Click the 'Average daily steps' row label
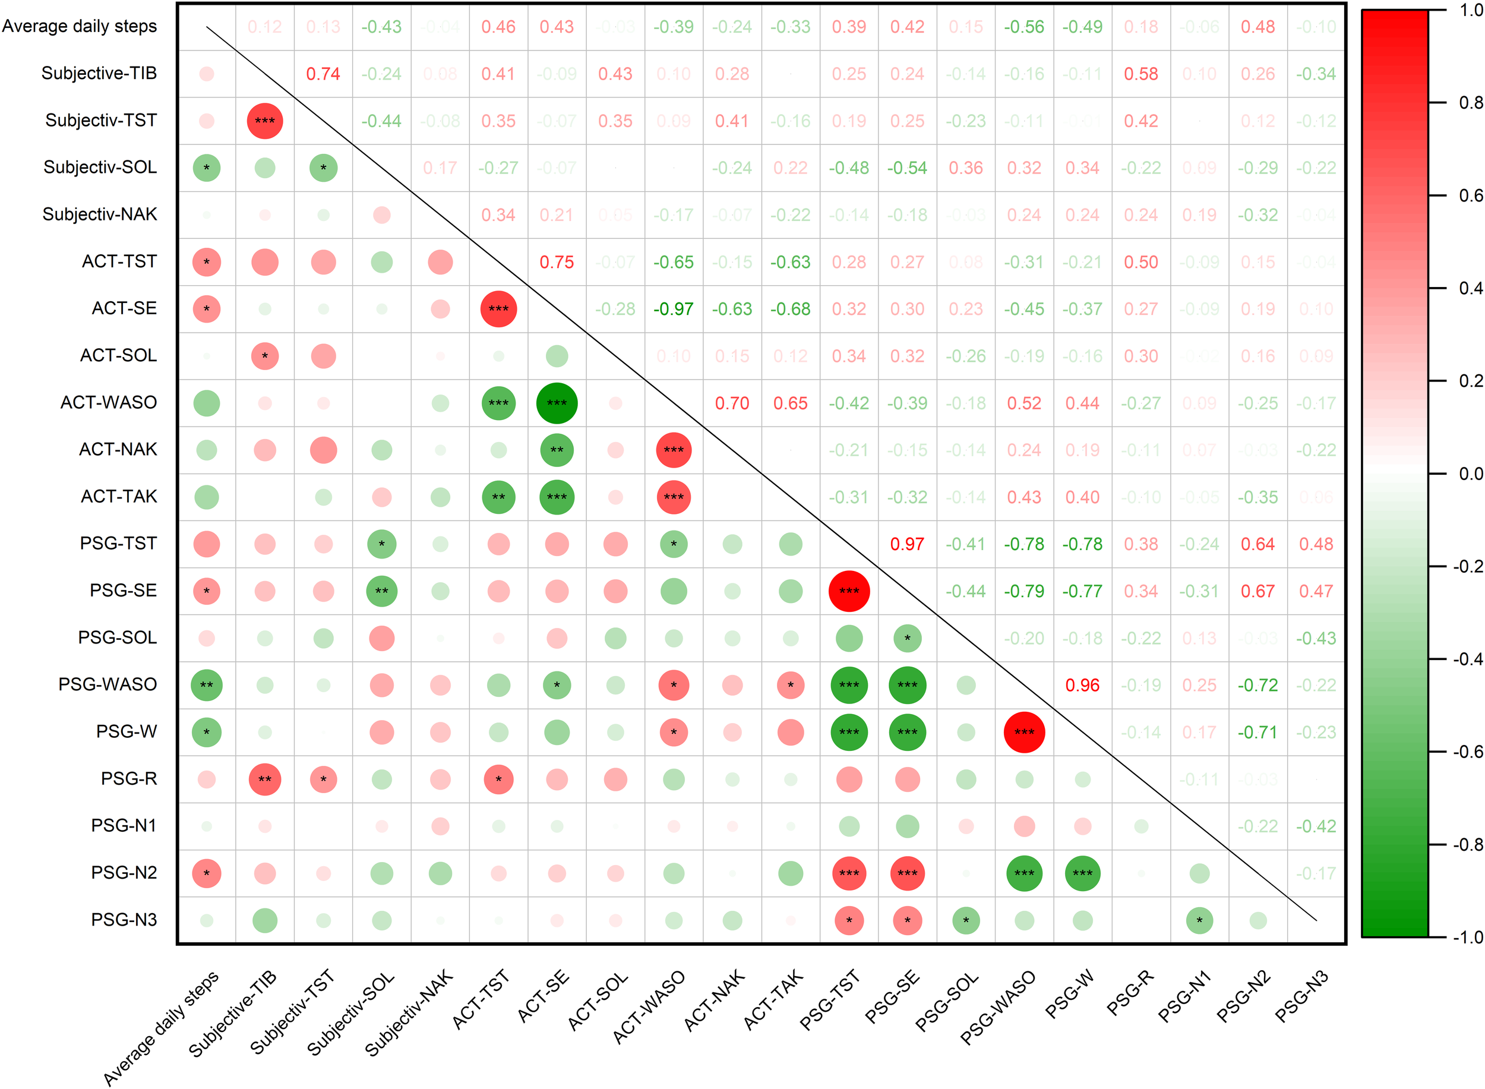[x=79, y=26]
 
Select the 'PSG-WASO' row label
[x=108, y=684]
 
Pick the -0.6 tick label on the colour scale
[x=1467, y=752]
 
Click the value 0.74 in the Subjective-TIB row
[x=323, y=74]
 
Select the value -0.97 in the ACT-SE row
[x=673, y=309]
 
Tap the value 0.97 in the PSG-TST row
[x=907, y=544]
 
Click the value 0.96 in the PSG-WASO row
[x=1082, y=685]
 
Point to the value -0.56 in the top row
[x=1023, y=27]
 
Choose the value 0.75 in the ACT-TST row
[x=557, y=263]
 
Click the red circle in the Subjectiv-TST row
[x=265, y=121]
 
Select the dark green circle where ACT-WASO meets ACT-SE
[x=557, y=403]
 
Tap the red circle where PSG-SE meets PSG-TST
[x=849, y=591]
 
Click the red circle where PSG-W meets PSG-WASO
[x=1023, y=732]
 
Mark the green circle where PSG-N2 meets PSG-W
[x=1082, y=873]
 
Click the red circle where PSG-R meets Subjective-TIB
[x=265, y=779]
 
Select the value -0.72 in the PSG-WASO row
[x=1257, y=685]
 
